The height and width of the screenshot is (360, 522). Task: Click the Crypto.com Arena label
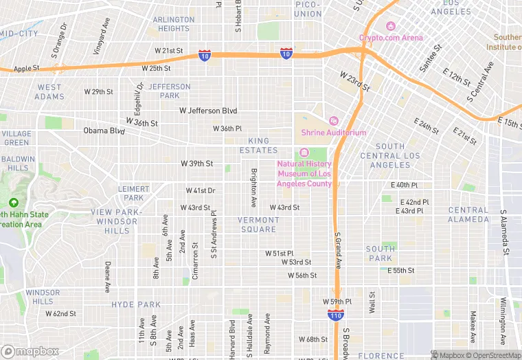(390, 38)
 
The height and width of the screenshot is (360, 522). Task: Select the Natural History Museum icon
(304, 153)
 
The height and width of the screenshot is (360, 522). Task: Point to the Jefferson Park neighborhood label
(169, 91)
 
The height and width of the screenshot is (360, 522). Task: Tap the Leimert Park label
(133, 193)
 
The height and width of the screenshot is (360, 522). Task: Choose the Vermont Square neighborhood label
(258, 225)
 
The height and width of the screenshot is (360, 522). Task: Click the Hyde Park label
(136, 304)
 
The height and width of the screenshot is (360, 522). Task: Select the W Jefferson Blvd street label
(208, 111)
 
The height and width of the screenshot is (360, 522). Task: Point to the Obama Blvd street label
(104, 131)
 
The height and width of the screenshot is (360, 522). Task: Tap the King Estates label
(259, 145)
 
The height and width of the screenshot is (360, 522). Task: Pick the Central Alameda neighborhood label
(468, 214)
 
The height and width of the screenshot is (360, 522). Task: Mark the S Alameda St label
(503, 233)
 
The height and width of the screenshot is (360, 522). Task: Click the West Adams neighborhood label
(49, 92)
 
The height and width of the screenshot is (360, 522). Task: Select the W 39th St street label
(196, 164)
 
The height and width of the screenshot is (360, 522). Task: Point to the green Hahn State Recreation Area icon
(13, 203)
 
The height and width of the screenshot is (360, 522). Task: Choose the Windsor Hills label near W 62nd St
(43, 297)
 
